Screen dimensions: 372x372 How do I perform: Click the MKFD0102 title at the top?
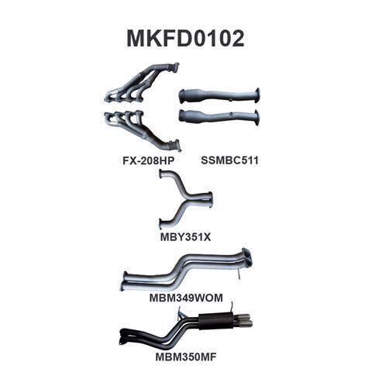185,38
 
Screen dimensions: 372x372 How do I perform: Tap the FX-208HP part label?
149,160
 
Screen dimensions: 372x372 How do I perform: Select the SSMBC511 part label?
229,160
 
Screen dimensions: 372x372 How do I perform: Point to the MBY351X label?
185,236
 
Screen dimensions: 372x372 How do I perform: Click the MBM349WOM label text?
186,298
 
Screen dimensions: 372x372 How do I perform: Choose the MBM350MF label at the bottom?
186,357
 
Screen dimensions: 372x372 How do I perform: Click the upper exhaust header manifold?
141,83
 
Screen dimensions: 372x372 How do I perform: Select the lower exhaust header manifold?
142,130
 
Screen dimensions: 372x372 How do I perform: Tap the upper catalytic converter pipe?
219,96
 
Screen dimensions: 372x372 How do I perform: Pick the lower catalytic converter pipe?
219,117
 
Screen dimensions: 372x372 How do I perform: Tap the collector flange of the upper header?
175,67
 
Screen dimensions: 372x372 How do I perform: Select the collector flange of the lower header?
176,145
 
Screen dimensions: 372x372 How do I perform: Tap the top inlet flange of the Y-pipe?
161,174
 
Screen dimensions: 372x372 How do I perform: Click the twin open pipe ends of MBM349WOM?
246,257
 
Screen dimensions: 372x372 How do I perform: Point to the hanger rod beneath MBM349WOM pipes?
239,274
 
